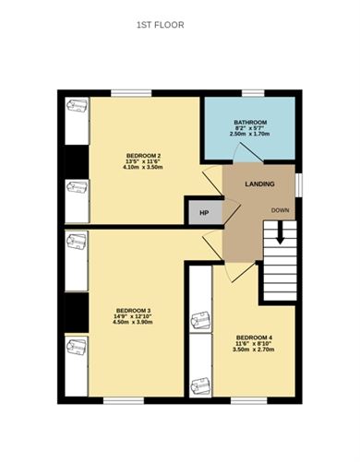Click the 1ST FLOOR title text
pyautogui.click(x=160, y=25)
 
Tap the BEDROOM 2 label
pyautogui.click(x=143, y=155)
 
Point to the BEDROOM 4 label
pyautogui.click(x=253, y=337)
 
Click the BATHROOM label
pyautogui.click(x=249, y=122)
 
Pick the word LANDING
pyautogui.click(x=258, y=185)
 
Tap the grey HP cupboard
pyautogui.click(x=204, y=211)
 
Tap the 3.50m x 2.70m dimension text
pyautogui.click(x=253, y=351)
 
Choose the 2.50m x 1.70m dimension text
pyautogui.click(x=249, y=135)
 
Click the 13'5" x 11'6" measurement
pyautogui.click(x=143, y=162)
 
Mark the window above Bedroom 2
pyautogui.click(x=128, y=92)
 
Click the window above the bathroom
pyautogui.click(x=253, y=92)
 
